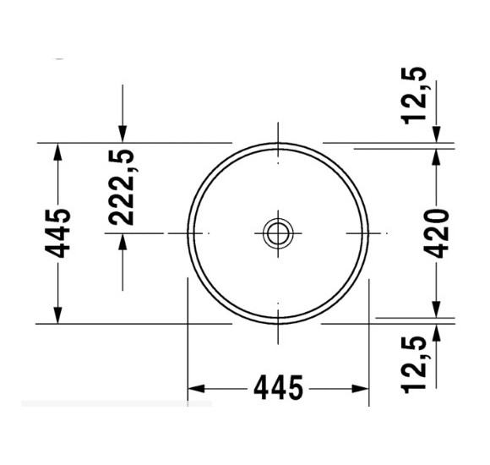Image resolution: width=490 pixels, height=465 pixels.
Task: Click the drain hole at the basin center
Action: pyautogui.click(x=277, y=232)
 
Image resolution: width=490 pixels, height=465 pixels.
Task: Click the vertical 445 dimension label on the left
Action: pyautogui.click(x=58, y=232)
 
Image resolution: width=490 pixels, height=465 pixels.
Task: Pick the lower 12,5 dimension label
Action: pyautogui.click(x=416, y=364)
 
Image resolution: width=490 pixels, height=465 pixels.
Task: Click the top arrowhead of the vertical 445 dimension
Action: pyautogui.click(x=57, y=151)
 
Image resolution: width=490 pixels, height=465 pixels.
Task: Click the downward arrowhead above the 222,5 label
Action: pyautogui.click(x=123, y=134)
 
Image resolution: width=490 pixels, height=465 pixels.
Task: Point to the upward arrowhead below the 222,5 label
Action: pyautogui.click(x=123, y=242)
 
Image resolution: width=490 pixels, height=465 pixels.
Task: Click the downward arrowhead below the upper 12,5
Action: pyautogui.click(x=437, y=135)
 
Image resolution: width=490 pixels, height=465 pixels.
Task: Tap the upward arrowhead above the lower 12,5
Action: pyautogui.click(x=437, y=331)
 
